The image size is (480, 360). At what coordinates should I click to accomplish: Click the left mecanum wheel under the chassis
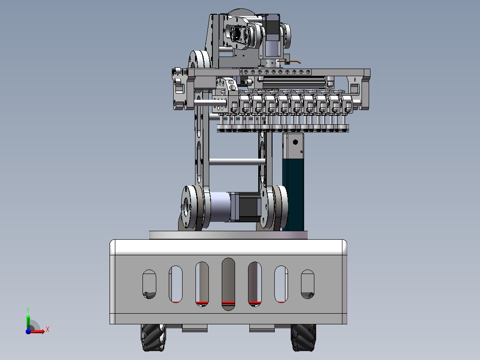(153, 337)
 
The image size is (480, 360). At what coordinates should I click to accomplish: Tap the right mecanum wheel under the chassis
(303, 337)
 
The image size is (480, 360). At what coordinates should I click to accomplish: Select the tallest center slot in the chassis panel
(228, 284)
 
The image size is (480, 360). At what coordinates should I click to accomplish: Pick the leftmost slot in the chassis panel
(150, 284)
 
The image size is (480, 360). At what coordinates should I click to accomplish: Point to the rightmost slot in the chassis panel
(308, 284)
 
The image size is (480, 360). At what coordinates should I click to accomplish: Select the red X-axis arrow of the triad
(37, 331)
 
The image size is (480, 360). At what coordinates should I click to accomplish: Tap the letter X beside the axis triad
(48, 330)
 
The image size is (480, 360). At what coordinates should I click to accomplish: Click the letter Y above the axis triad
(28, 310)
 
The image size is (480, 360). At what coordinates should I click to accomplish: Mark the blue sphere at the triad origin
(28, 331)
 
